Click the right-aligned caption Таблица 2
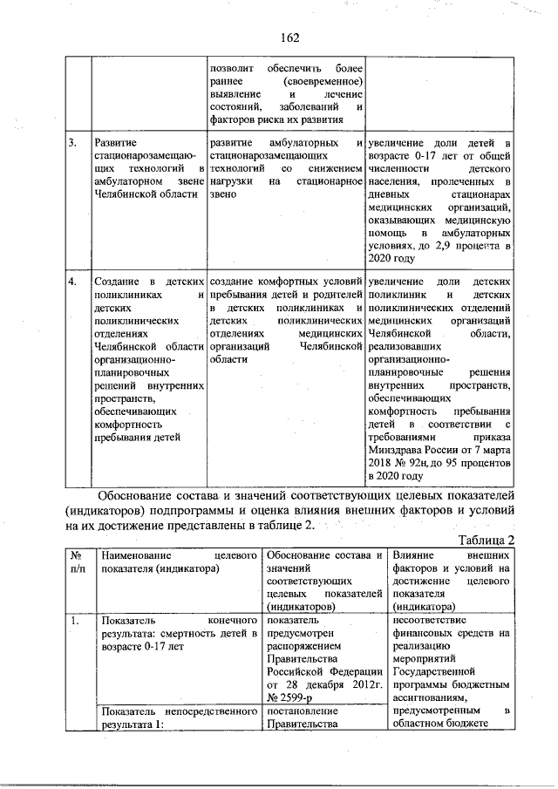[x=487, y=540]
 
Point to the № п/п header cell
[x=77, y=561]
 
